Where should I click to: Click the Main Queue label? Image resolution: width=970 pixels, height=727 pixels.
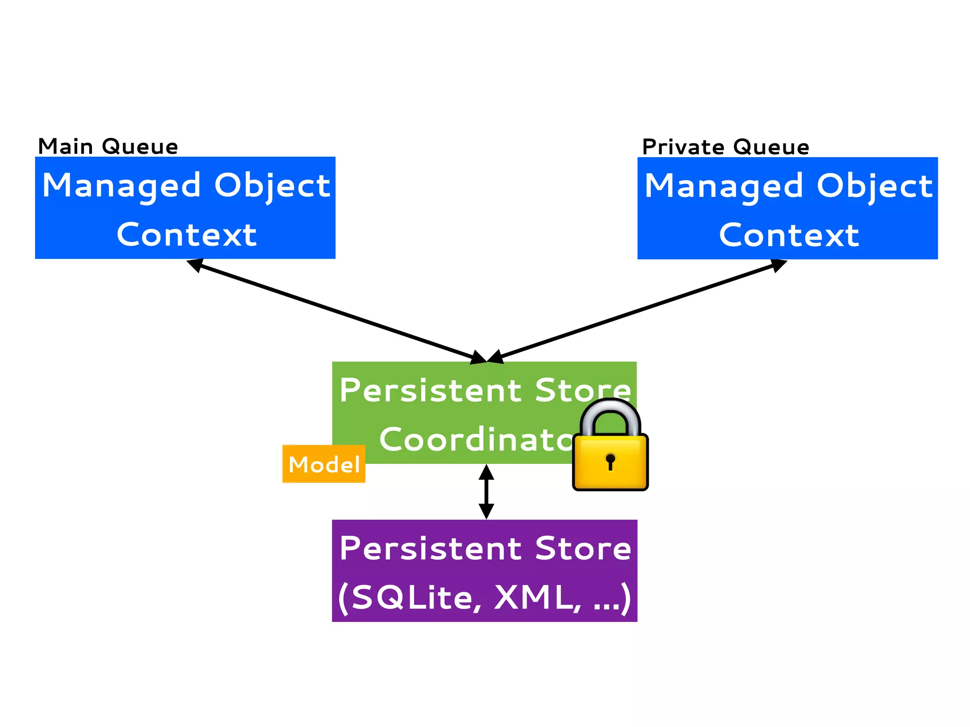(x=108, y=146)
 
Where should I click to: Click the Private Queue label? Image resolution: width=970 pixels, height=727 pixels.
(x=725, y=147)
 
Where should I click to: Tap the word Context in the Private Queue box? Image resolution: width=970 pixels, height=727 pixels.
(x=789, y=235)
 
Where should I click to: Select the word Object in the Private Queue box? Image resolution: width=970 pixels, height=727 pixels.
(x=874, y=186)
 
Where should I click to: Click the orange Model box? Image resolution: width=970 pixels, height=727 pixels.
(x=324, y=464)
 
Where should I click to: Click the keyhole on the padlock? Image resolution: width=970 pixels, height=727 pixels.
(x=610, y=461)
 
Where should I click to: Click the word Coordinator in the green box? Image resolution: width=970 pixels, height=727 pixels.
(x=476, y=439)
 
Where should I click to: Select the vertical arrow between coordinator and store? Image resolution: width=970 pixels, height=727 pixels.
(x=486, y=491)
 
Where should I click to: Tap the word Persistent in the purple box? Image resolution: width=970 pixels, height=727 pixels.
(x=431, y=549)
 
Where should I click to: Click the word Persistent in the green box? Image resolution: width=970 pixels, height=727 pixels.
(x=431, y=390)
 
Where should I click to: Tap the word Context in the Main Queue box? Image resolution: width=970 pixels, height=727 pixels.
(x=186, y=235)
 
